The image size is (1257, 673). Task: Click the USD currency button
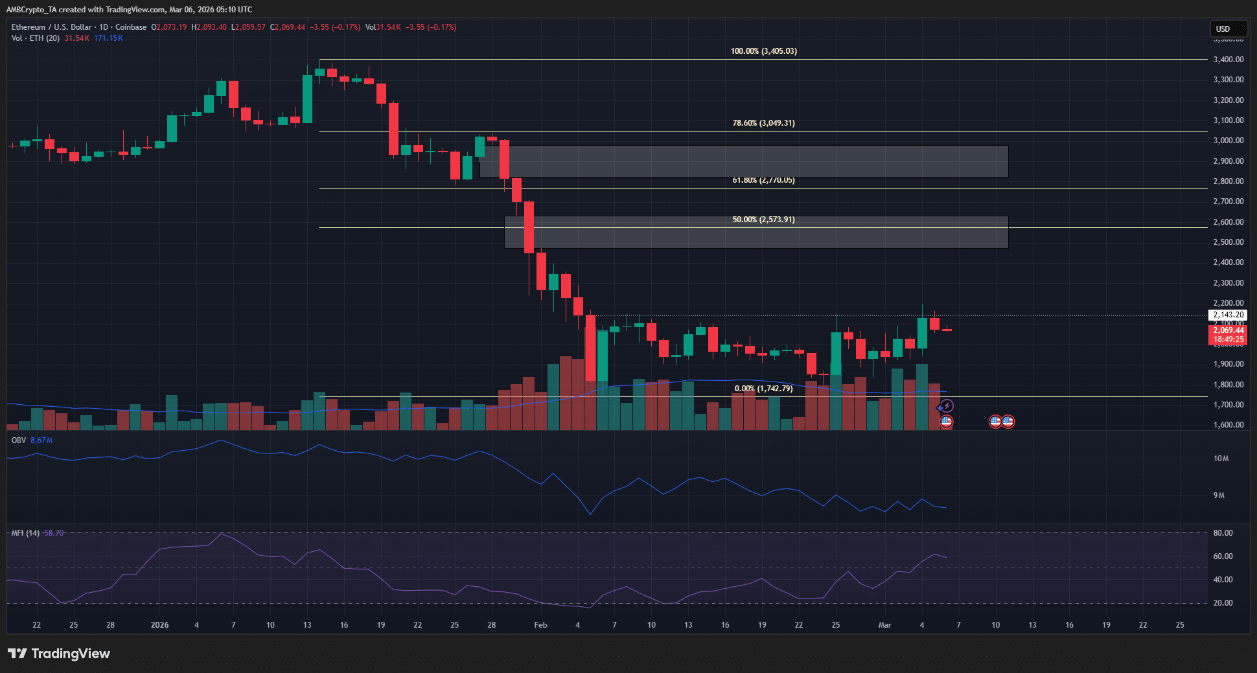(x=1228, y=29)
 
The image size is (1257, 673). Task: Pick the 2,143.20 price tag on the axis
(x=1228, y=315)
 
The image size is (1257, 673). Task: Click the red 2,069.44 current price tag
(x=1228, y=330)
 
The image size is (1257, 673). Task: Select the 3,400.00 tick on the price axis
(x=1228, y=59)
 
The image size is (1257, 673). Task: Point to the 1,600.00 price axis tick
(x=1228, y=425)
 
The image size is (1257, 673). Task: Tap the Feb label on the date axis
(x=540, y=625)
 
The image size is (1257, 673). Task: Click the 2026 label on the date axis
(x=159, y=625)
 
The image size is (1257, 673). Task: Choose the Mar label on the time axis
(x=884, y=625)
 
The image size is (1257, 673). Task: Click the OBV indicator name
(x=19, y=440)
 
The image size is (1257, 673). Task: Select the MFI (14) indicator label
(x=25, y=533)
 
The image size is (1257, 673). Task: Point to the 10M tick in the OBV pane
(x=1221, y=459)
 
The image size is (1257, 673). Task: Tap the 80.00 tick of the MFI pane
(x=1223, y=533)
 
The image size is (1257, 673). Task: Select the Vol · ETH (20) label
(x=36, y=38)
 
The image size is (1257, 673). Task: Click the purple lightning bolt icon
(x=947, y=406)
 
